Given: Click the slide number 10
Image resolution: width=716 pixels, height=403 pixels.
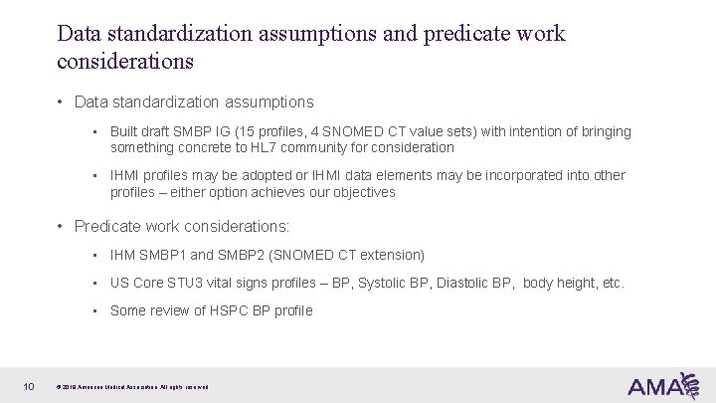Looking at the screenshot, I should coord(30,385).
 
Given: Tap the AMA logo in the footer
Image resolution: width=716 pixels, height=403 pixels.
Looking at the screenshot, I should coord(662,384).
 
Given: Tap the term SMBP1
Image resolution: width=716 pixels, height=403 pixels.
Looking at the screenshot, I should coord(166,255).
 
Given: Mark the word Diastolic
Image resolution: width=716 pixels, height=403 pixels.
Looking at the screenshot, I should coord(478,283).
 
